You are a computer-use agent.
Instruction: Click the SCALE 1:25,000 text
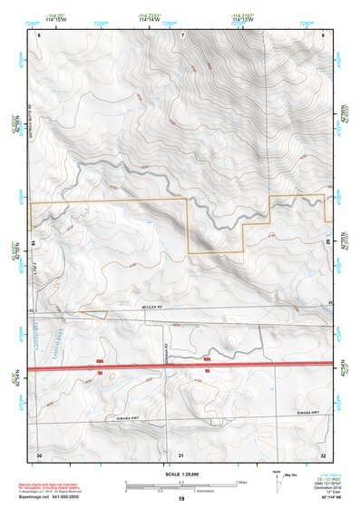pyautogui.click(x=180, y=474)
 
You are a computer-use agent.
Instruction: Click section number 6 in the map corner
pyautogui.click(x=39, y=34)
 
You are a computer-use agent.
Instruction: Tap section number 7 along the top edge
pyautogui.click(x=182, y=34)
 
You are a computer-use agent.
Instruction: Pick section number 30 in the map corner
pyautogui.click(x=39, y=454)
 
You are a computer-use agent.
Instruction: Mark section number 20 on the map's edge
pyautogui.click(x=326, y=243)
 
